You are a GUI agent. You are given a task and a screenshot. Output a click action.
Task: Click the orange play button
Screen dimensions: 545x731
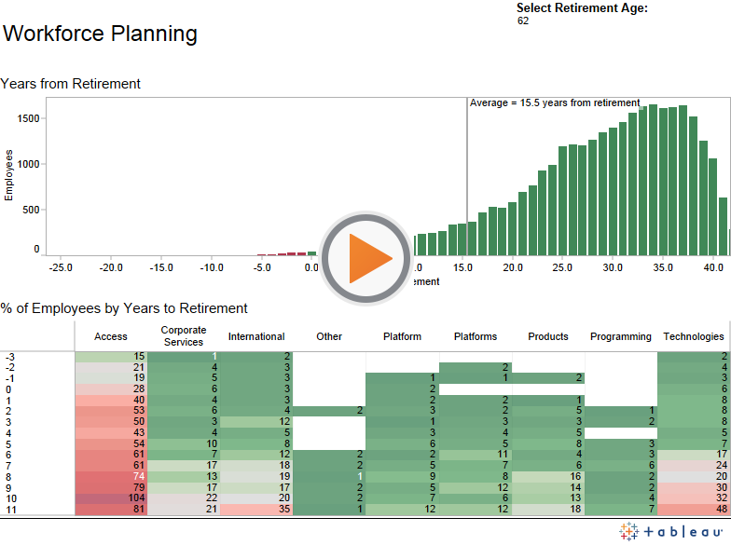click(x=366, y=258)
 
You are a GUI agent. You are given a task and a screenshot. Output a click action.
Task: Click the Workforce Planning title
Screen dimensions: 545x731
click(x=100, y=34)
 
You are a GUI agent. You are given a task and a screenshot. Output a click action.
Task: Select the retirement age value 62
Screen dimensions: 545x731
click(x=523, y=20)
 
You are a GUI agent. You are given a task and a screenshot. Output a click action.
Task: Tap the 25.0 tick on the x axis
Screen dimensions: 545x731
click(x=562, y=267)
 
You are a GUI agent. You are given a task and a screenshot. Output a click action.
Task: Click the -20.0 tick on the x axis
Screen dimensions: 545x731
click(x=111, y=267)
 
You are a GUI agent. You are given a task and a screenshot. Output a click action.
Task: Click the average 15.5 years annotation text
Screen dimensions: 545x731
click(x=555, y=102)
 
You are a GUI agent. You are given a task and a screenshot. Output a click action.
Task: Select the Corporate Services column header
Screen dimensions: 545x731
click(x=184, y=336)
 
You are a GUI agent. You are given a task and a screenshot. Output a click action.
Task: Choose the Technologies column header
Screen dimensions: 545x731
click(x=693, y=336)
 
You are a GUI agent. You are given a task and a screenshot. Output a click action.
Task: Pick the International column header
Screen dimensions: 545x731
click(x=256, y=336)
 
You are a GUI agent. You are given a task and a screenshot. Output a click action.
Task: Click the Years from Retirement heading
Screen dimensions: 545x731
click(x=71, y=84)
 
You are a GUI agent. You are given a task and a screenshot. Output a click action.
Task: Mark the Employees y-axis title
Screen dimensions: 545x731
click(x=9, y=176)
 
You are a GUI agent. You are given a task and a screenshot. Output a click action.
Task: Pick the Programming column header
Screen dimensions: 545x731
click(x=621, y=336)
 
